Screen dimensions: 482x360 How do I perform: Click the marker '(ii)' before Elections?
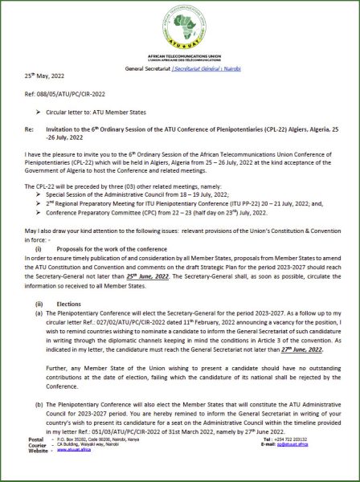point(39,303)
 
